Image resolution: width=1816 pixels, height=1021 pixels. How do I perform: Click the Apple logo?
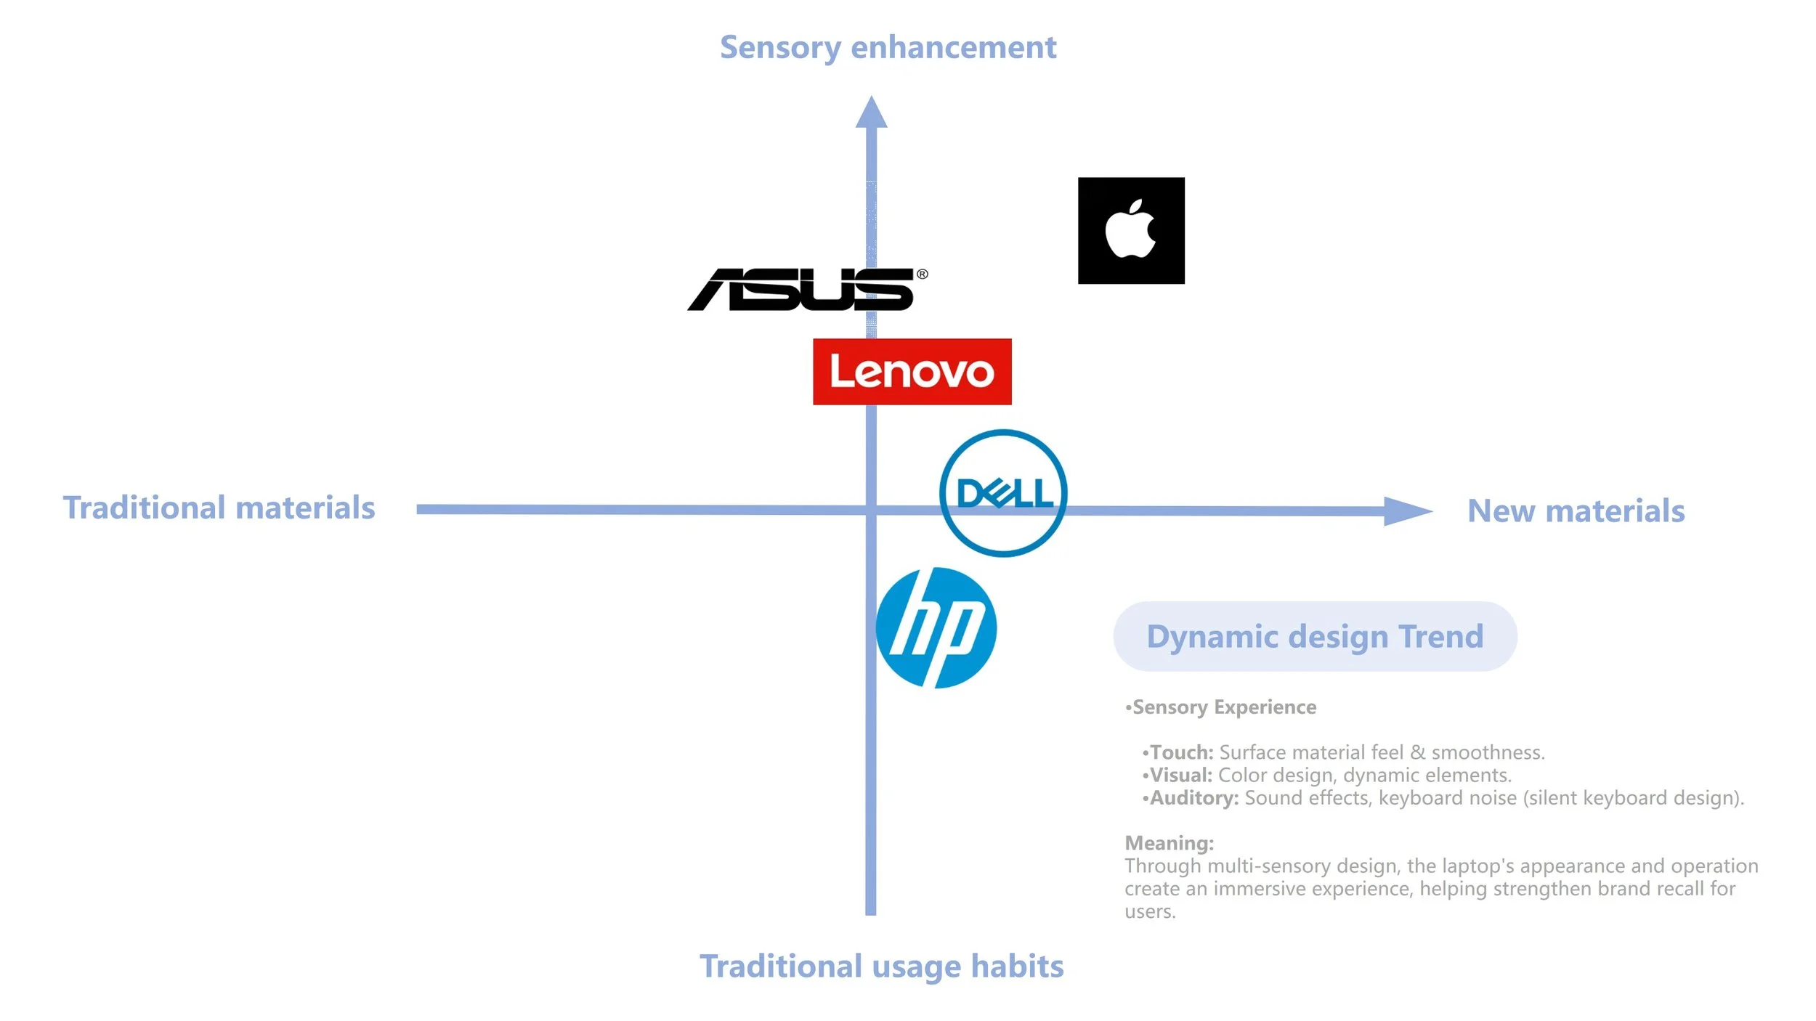click(x=1131, y=230)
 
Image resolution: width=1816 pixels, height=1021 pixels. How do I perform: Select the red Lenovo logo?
click(x=912, y=372)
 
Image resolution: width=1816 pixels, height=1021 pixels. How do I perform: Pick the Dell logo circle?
click(x=1003, y=493)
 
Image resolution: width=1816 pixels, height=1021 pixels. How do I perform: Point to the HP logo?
click(x=936, y=628)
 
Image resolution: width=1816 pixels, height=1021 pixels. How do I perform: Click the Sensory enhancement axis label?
click(x=888, y=48)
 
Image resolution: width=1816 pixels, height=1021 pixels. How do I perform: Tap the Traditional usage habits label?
click(x=881, y=967)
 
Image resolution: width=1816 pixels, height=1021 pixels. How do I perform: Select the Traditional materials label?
click(x=219, y=508)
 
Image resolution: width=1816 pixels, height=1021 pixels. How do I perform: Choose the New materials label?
click(x=1576, y=510)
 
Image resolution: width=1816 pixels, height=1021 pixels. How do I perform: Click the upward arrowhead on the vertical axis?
click(x=871, y=113)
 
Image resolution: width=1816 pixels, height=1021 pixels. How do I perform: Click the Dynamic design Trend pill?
click(x=1315, y=636)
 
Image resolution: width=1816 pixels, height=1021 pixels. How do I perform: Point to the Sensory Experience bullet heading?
click(x=1224, y=707)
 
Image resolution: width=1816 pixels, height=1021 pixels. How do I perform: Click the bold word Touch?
click(x=1181, y=752)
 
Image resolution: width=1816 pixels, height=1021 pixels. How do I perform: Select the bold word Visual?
click(x=1180, y=775)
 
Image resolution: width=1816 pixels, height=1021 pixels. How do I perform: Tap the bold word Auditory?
click(x=1193, y=798)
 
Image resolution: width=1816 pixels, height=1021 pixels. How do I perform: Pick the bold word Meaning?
click(x=1169, y=843)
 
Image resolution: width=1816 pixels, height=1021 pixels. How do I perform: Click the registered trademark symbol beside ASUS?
click(x=923, y=274)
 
